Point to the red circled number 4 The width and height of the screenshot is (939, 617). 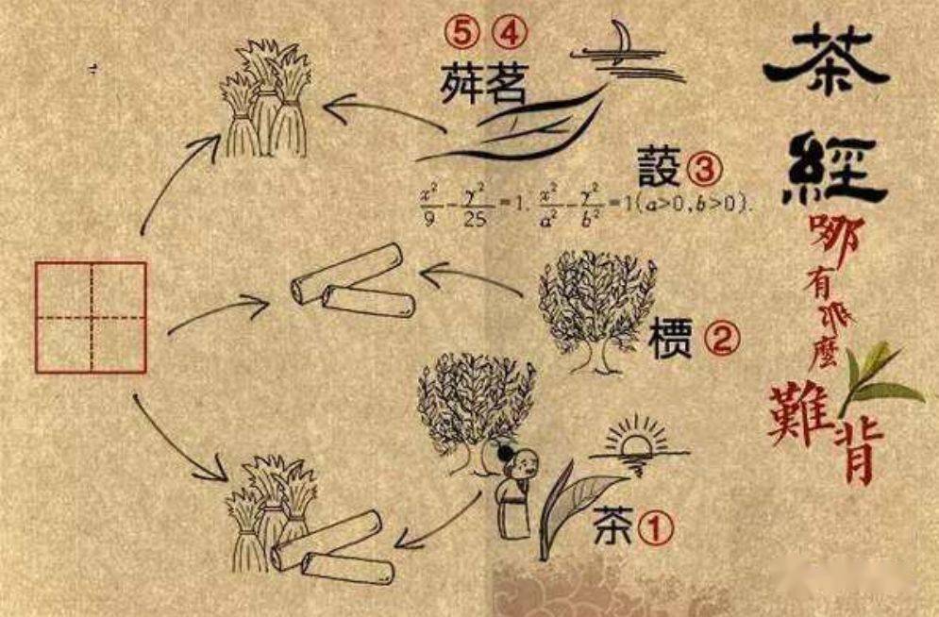pos(506,35)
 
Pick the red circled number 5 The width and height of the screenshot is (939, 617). pos(463,35)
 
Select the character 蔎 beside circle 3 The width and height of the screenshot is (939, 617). pos(658,169)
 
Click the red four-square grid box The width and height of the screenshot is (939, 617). pos(92,317)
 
